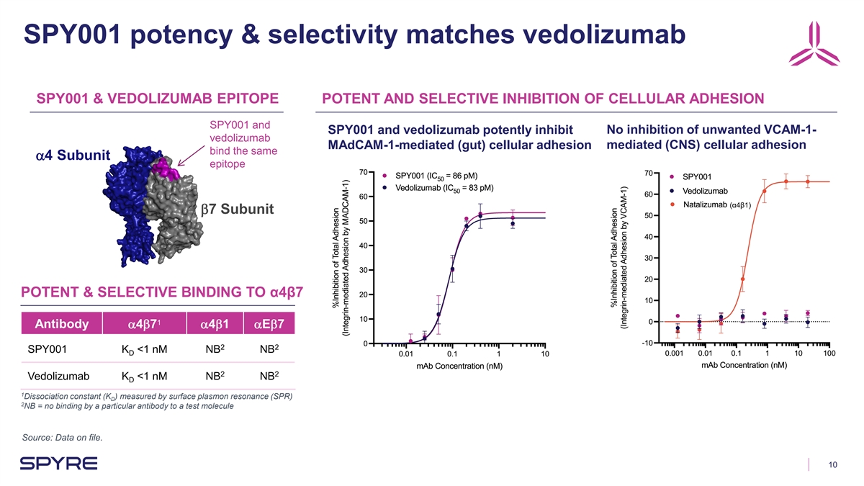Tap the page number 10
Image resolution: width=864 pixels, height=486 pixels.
tap(832, 464)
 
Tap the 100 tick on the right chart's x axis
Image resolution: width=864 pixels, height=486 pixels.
tap(829, 354)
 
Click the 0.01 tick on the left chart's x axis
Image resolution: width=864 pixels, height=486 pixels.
tap(405, 354)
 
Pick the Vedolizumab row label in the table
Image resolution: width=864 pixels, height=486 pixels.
tap(58, 376)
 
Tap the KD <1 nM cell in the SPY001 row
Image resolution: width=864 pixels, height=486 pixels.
tap(143, 351)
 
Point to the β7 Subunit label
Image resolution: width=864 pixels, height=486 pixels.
tap(238, 210)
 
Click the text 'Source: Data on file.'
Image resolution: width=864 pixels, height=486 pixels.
tap(65, 437)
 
